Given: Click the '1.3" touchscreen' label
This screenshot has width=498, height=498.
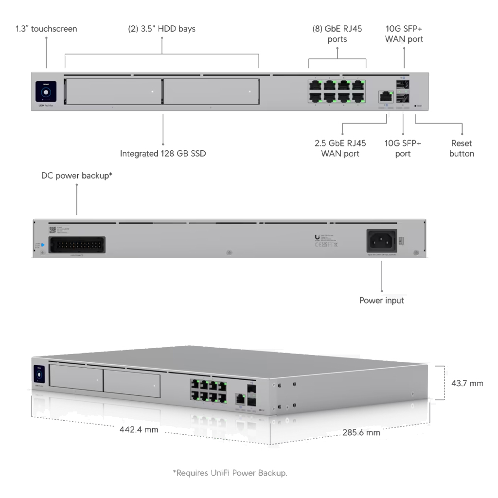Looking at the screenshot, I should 46,29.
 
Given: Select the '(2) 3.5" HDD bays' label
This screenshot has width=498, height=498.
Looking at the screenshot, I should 161,29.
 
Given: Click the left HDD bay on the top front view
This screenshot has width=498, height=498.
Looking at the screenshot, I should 113,91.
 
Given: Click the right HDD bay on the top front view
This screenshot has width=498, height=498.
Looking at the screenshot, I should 211,91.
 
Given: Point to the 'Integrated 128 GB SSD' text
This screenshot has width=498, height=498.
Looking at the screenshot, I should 163,154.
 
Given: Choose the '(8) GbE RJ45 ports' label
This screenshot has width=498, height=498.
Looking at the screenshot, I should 337,34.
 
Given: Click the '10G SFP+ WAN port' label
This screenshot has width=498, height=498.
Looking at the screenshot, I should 404,34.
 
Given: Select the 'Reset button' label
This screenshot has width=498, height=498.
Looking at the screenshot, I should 462,148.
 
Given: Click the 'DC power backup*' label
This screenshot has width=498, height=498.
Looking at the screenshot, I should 77,176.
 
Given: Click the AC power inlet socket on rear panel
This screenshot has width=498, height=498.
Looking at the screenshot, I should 381,241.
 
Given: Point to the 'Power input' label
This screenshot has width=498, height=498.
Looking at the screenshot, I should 381,301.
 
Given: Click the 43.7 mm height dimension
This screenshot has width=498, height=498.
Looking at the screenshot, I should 467,383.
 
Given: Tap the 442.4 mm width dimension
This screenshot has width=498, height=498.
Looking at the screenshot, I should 139,430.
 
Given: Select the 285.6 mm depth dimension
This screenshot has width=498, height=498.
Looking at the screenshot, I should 361,432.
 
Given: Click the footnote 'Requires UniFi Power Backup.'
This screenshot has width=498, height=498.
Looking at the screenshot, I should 230,472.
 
